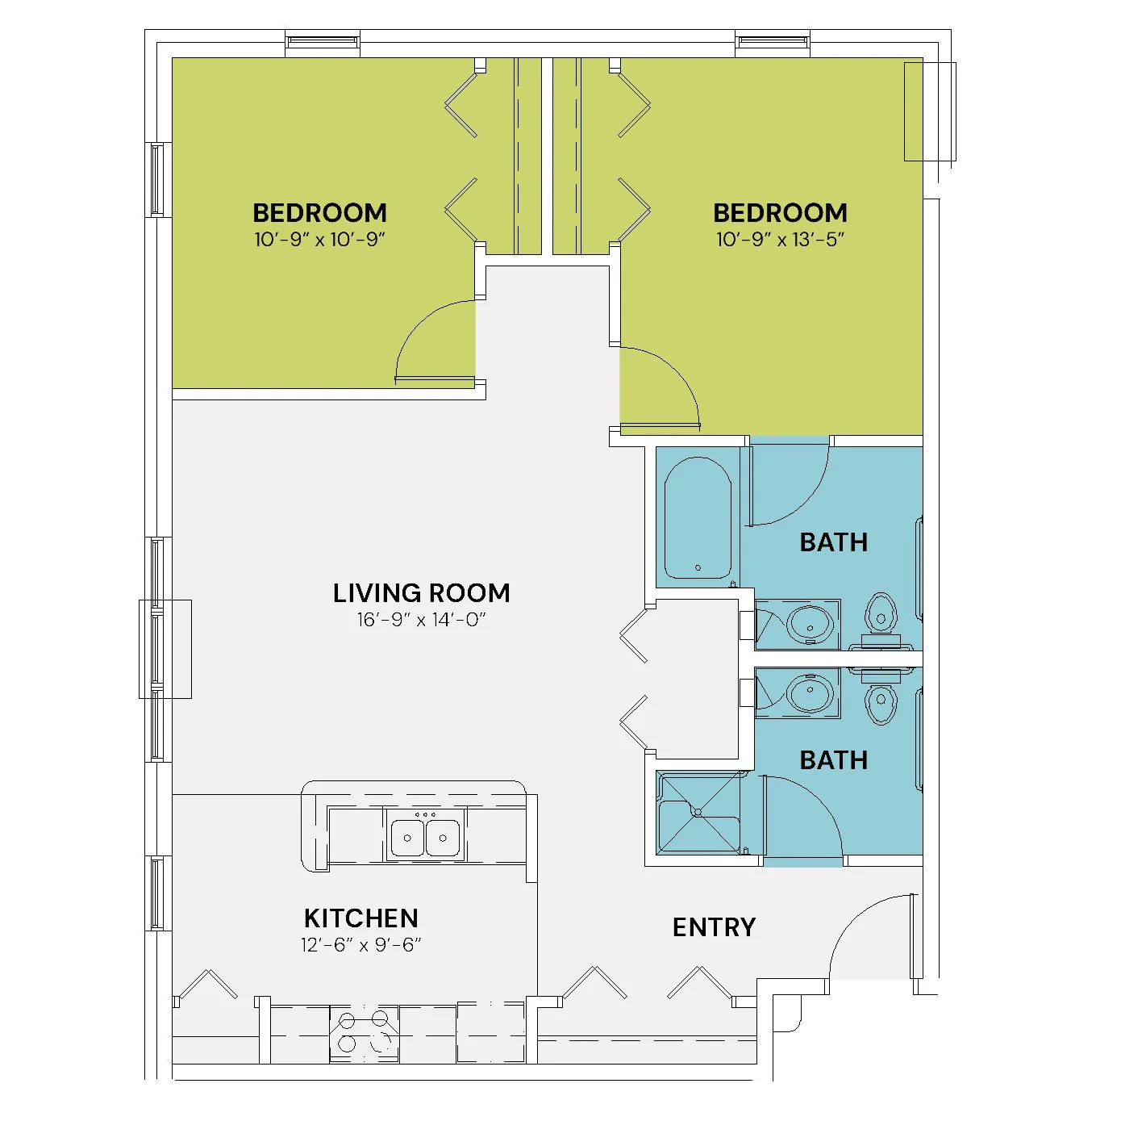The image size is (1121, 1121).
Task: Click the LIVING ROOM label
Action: click(x=421, y=593)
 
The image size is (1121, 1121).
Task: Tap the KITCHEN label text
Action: click(x=360, y=918)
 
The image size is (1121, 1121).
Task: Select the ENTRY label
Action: click(x=714, y=927)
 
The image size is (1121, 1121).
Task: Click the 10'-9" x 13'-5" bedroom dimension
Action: click(x=780, y=240)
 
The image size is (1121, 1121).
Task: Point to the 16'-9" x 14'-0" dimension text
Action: click(x=421, y=620)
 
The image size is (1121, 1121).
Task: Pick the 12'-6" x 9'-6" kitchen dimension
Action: click(x=360, y=944)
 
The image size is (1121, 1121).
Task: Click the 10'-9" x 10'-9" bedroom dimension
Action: click(x=319, y=240)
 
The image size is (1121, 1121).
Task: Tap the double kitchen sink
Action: click(x=425, y=837)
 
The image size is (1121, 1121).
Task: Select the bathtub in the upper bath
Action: click(x=698, y=517)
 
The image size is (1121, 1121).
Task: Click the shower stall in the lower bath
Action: click(x=698, y=813)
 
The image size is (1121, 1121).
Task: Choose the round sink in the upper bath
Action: click(x=809, y=625)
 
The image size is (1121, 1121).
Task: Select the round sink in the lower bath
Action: click(x=809, y=693)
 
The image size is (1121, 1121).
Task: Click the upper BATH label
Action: click(x=833, y=542)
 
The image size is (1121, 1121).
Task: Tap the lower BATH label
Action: click(x=833, y=760)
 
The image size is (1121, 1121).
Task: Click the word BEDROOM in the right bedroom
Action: click(x=780, y=213)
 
